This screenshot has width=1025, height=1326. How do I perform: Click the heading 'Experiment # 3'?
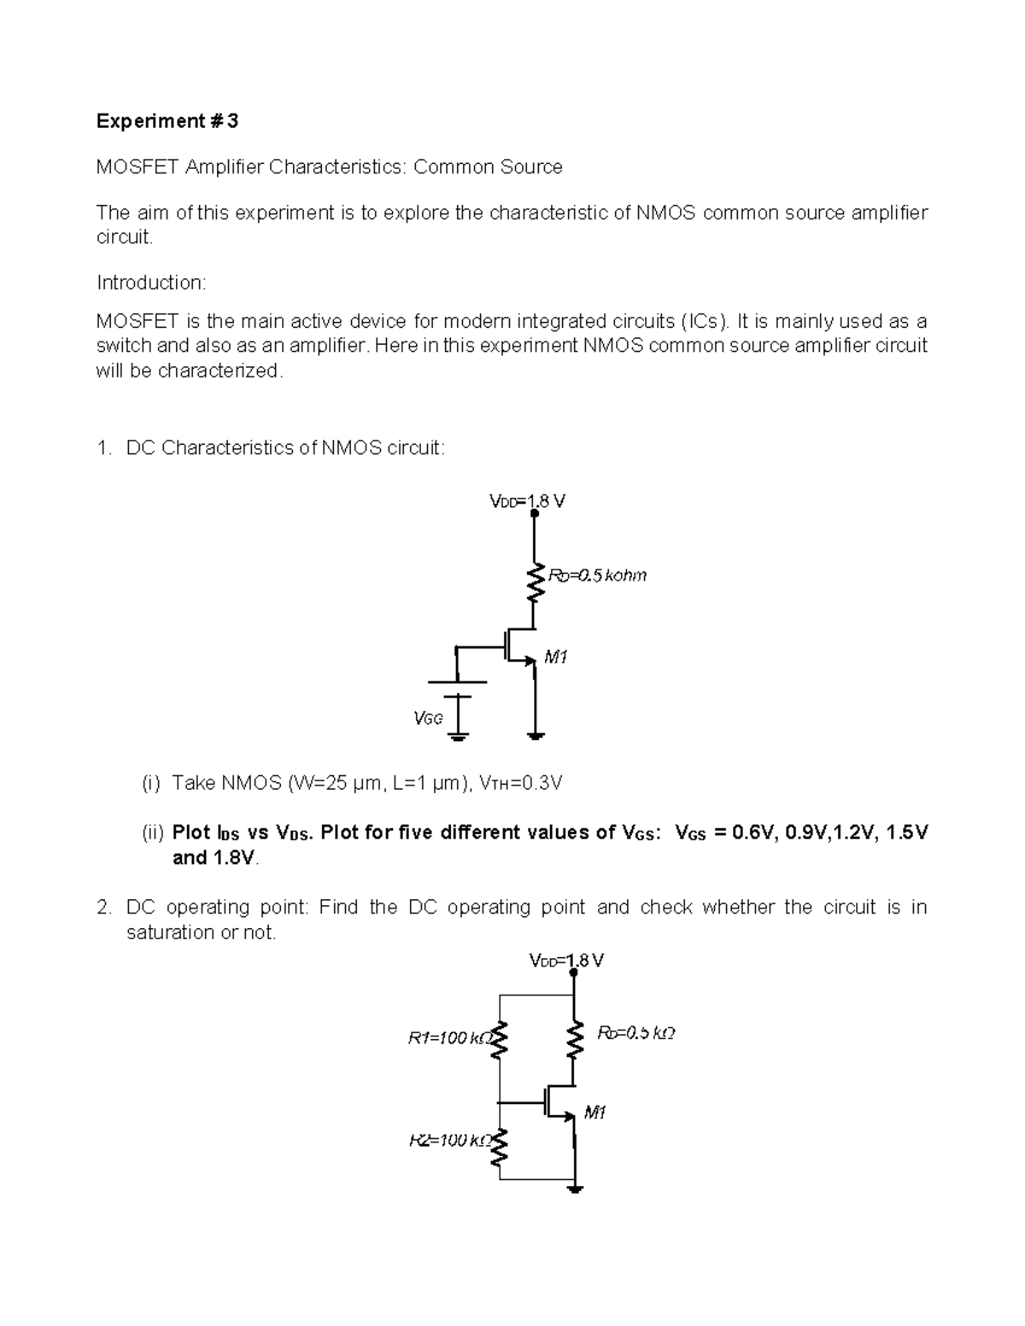[x=167, y=121]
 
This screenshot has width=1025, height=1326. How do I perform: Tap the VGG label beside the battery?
[x=428, y=718]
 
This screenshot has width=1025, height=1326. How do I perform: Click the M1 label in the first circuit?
[x=556, y=657]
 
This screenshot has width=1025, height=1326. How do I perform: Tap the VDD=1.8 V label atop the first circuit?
[x=526, y=501]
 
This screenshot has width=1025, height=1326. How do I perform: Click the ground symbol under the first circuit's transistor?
[x=536, y=734]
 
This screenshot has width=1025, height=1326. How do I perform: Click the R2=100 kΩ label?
[x=447, y=1140]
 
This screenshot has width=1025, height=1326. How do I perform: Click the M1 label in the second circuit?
[x=594, y=1113]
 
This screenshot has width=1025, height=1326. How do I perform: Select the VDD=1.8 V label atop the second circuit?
[x=566, y=961]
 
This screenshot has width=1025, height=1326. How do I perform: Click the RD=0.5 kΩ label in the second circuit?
[x=636, y=1033]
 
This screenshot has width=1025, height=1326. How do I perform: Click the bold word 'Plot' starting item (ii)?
[x=192, y=832]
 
